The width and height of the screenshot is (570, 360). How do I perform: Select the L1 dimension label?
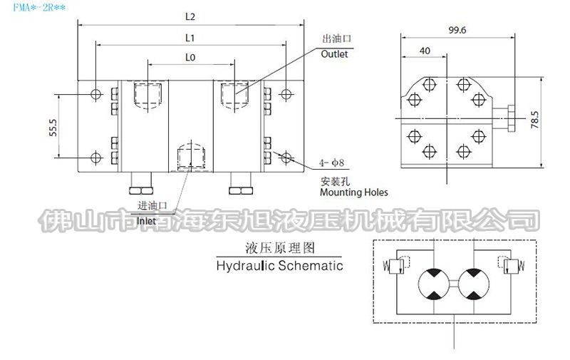click(x=191, y=36)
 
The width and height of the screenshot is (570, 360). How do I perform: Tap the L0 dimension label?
click(x=191, y=56)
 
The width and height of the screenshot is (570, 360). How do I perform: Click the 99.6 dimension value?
click(x=457, y=31)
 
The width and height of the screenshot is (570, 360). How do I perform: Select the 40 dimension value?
click(x=425, y=51)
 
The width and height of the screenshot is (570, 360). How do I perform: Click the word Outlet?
click(x=334, y=55)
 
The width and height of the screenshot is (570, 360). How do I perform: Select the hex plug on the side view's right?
click(x=512, y=118)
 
